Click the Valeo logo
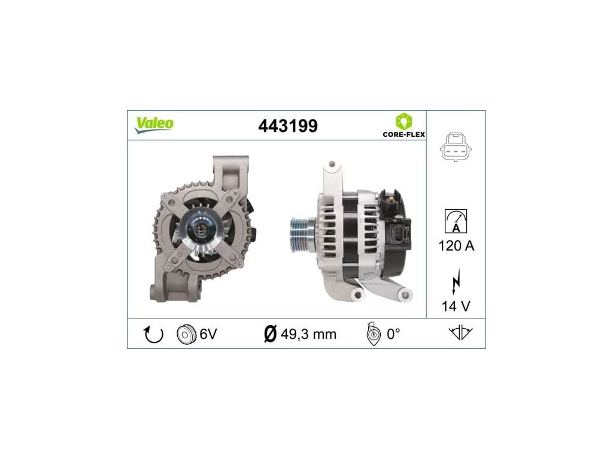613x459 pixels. pyautogui.click(x=154, y=124)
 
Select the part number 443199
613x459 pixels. pyautogui.click(x=288, y=126)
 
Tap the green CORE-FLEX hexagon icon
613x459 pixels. pyautogui.click(x=404, y=121)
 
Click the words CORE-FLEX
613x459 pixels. pyautogui.click(x=404, y=134)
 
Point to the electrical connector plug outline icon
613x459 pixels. pyautogui.click(x=456, y=147)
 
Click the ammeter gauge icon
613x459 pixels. pyautogui.click(x=456, y=221)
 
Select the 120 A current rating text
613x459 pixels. pyautogui.click(x=456, y=246)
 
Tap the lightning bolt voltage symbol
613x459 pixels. pyautogui.click(x=456, y=281)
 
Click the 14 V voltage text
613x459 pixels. pyautogui.click(x=456, y=307)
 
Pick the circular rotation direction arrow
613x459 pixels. pyautogui.click(x=154, y=334)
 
